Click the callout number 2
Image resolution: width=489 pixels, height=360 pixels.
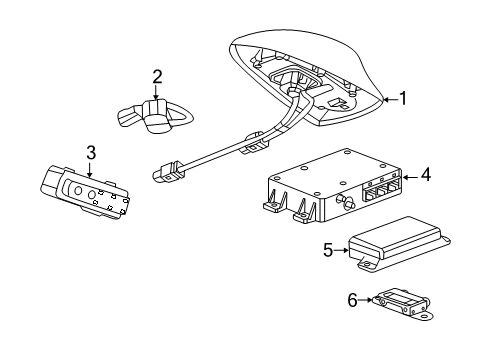(157, 76)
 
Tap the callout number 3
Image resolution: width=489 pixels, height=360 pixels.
(90, 153)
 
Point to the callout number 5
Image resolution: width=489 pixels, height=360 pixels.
(327, 251)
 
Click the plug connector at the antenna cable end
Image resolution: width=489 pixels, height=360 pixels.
(164, 177)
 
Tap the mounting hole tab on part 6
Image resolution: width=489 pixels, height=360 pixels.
(423, 317)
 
